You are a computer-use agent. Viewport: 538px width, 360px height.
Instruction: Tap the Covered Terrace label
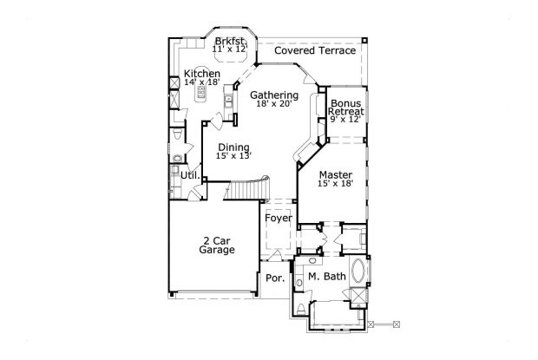click(x=314, y=51)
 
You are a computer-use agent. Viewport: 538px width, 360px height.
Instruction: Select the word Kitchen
click(x=201, y=75)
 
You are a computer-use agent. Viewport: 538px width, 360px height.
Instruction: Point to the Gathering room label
click(x=274, y=95)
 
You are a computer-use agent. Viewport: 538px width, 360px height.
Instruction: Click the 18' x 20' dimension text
click(x=274, y=104)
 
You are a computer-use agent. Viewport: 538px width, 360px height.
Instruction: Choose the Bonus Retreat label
click(x=345, y=108)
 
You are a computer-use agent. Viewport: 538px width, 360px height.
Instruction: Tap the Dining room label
click(x=233, y=147)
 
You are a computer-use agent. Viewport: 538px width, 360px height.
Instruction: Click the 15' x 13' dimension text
click(x=233, y=156)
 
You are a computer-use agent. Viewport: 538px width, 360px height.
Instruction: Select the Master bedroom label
click(x=334, y=174)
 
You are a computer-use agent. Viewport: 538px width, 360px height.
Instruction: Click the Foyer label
click(x=278, y=218)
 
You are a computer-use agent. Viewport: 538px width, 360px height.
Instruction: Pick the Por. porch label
click(x=275, y=278)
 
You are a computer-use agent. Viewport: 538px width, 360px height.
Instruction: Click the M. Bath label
click(x=327, y=277)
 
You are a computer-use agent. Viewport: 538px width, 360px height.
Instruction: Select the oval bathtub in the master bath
click(x=360, y=276)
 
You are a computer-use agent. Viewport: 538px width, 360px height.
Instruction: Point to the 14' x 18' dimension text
click(x=201, y=84)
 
